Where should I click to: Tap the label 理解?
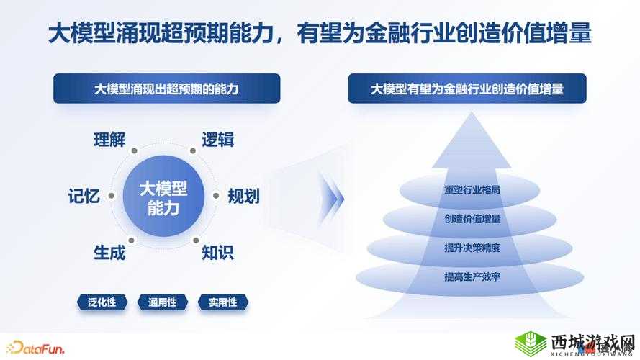[x=109, y=140]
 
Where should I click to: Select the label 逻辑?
[x=217, y=140]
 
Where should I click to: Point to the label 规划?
[x=243, y=196]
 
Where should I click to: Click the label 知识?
[x=217, y=253]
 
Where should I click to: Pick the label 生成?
[x=109, y=253]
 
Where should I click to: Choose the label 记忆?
[x=84, y=196]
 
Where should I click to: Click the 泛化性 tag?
[x=102, y=302]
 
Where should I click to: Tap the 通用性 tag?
[x=163, y=302]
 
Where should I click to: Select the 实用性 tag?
[x=223, y=302]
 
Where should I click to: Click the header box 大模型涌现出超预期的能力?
[x=167, y=89]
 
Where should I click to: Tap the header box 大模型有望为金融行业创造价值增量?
[x=467, y=89]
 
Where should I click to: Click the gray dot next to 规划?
[x=215, y=195]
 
